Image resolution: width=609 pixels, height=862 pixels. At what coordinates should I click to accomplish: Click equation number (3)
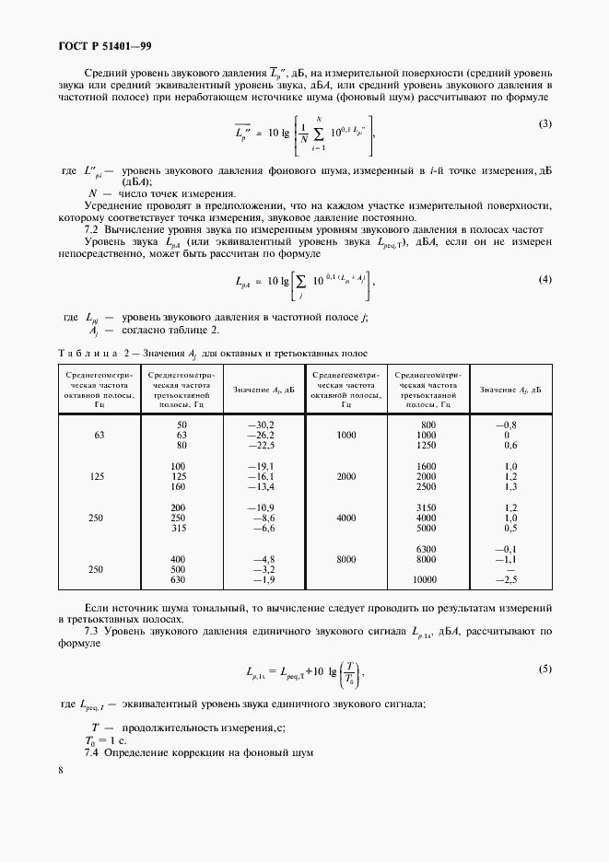pyautogui.click(x=545, y=124)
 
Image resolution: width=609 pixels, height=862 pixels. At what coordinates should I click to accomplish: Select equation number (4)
pyautogui.click(x=545, y=278)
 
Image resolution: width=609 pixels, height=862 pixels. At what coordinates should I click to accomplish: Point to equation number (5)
pyautogui.click(x=545, y=670)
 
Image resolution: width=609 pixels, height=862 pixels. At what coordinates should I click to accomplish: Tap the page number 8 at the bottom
pyautogui.click(x=61, y=770)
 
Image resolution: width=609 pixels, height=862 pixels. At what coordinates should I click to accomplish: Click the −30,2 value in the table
pyautogui.click(x=263, y=423)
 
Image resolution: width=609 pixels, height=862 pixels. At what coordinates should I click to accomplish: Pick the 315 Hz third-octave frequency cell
pyautogui.click(x=179, y=529)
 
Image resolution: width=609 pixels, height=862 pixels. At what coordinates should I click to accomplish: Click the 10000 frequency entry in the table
pyautogui.click(x=425, y=580)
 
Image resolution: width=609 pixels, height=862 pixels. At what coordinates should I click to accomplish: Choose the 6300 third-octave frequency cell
pyautogui.click(x=425, y=549)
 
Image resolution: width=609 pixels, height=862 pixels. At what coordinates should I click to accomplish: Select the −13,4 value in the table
pyautogui.click(x=263, y=486)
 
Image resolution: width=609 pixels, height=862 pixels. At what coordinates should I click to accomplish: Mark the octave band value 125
pyautogui.click(x=99, y=476)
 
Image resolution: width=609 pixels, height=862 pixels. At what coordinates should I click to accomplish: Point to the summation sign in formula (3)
pyautogui.click(x=318, y=133)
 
